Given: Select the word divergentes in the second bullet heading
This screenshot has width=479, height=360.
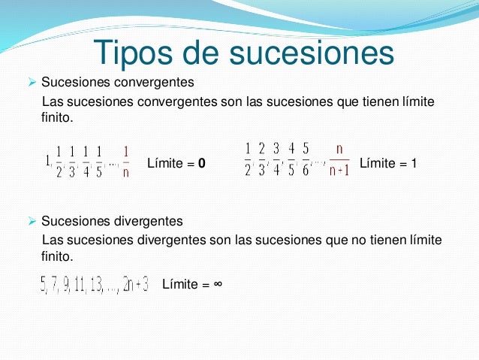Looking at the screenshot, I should (142, 222).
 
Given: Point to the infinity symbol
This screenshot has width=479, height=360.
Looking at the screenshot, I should (216, 284).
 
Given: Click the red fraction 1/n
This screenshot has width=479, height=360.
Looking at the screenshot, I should (125, 161).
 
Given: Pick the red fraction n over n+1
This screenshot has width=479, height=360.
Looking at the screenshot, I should (339, 159).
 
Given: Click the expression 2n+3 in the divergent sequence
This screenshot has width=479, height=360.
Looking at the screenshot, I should (136, 284).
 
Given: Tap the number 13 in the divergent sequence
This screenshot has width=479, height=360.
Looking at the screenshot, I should (95, 284).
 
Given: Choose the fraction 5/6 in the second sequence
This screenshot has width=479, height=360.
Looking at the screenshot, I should (305, 159).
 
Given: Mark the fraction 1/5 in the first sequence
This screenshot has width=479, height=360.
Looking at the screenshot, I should (99, 161).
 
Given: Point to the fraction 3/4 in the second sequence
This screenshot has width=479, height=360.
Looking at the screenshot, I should (276, 159).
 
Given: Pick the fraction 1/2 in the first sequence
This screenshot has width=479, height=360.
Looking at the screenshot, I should (59, 161).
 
